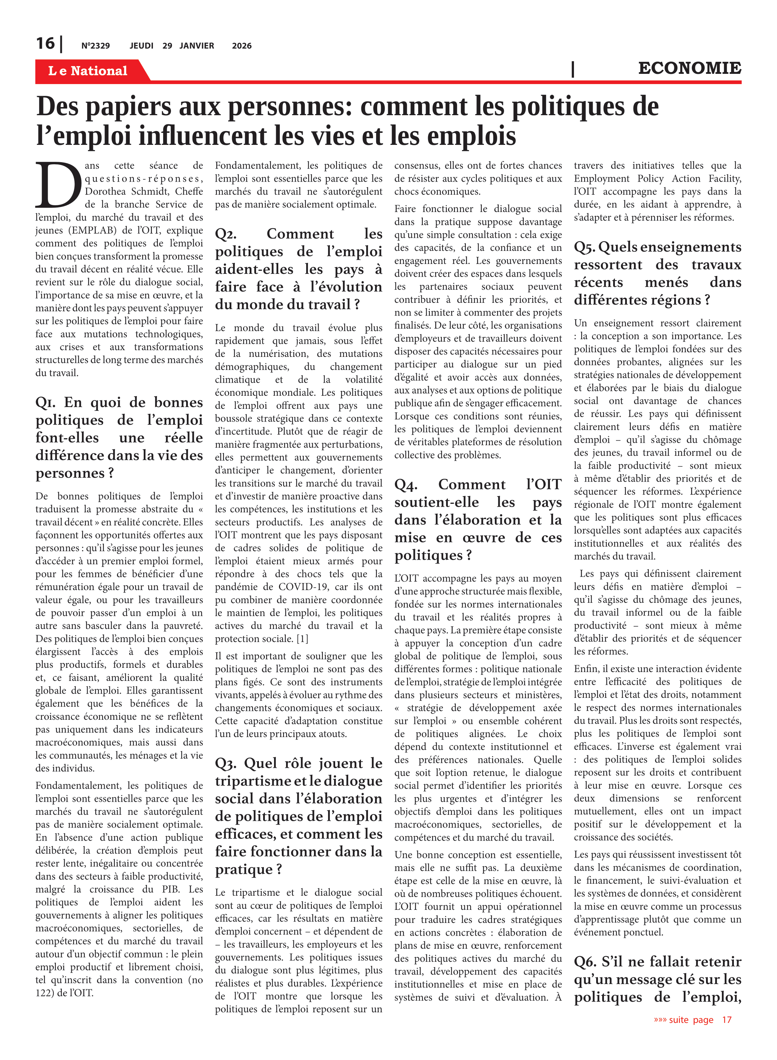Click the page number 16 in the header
click(45, 44)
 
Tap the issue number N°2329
click(95, 46)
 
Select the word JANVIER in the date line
click(197, 46)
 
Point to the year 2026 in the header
click(242, 46)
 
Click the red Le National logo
click(88, 71)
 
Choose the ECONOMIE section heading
click(689, 68)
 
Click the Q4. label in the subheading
click(405, 485)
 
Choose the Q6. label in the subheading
click(585, 962)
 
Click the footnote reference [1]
click(302, 639)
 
